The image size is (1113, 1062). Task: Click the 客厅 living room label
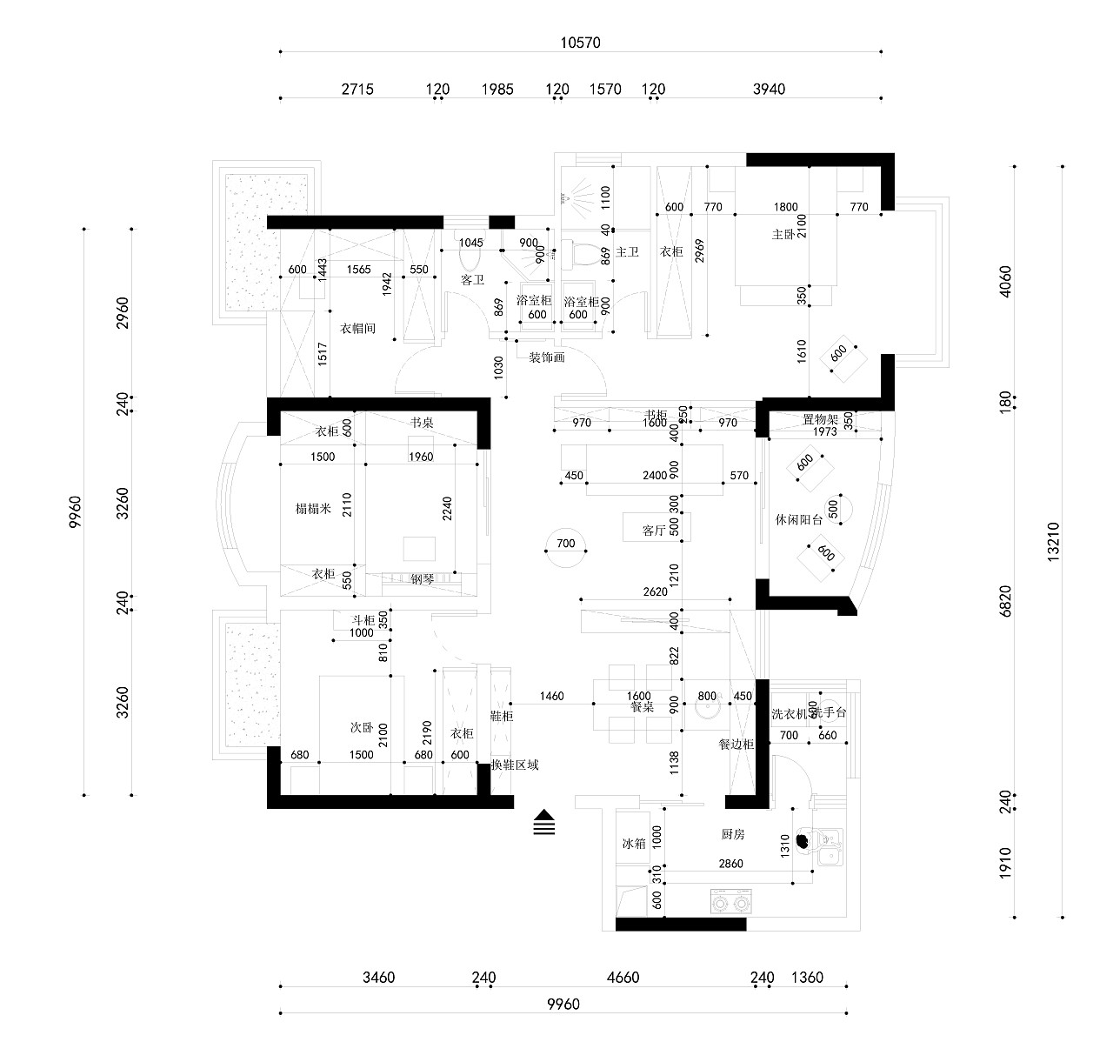[x=654, y=530]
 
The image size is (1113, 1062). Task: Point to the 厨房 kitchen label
[x=733, y=834]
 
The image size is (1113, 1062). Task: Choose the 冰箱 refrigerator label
[x=633, y=844]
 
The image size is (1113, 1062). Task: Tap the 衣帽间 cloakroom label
[x=357, y=328]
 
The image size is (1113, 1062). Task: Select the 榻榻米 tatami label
[x=313, y=509]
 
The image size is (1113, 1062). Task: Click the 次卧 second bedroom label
[x=362, y=725]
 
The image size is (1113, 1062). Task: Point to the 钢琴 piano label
[x=423, y=578]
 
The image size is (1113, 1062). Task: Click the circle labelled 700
[x=565, y=544]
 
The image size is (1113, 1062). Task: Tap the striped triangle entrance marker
[x=544, y=822]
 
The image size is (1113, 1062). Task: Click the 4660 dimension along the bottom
[x=622, y=978]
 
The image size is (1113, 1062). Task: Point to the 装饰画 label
[x=547, y=357]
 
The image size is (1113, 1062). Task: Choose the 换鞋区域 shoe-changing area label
[x=515, y=765]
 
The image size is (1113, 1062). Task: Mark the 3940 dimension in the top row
[x=768, y=89]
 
